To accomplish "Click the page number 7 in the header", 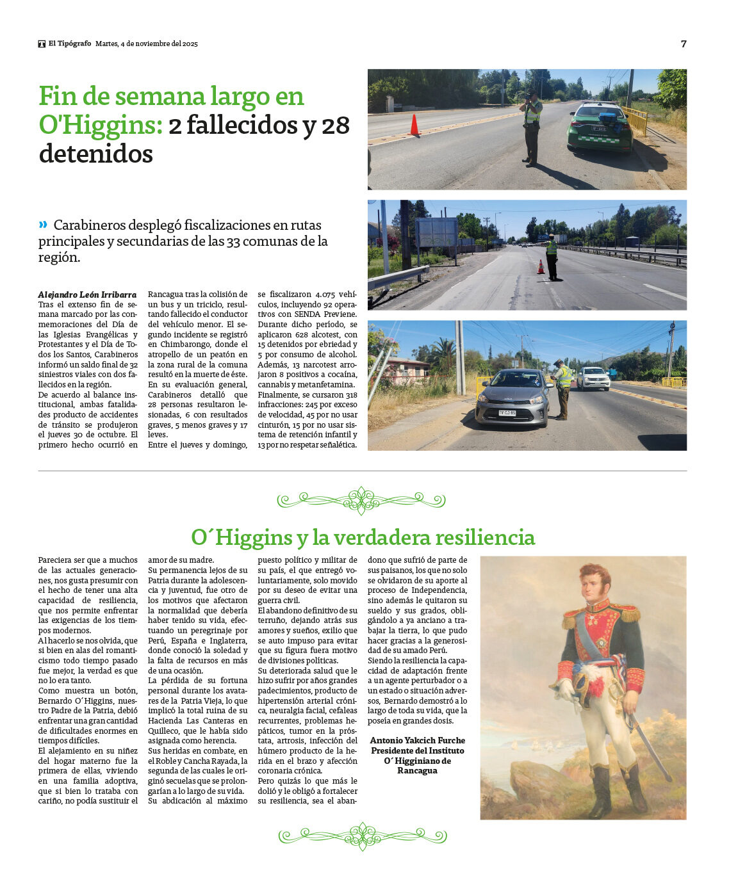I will [x=684, y=44].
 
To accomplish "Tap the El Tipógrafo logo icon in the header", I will [x=42, y=44].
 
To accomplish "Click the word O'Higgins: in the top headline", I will [x=101, y=125].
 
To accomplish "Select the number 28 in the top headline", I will [x=335, y=125].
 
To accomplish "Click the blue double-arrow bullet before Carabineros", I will [x=43, y=224].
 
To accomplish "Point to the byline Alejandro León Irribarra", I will [x=87, y=295].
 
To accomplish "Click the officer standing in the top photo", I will [x=532, y=128].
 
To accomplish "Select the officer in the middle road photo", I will [x=551, y=256].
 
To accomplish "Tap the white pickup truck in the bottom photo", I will [x=593, y=378].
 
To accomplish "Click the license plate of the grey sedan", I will [x=507, y=413].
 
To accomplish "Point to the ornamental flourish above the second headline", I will [x=361, y=500].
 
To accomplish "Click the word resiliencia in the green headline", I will [x=484, y=537].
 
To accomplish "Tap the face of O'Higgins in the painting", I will [x=594, y=583].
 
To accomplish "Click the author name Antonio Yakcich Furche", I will [x=417, y=740].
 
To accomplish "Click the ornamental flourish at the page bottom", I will [x=363, y=836].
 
